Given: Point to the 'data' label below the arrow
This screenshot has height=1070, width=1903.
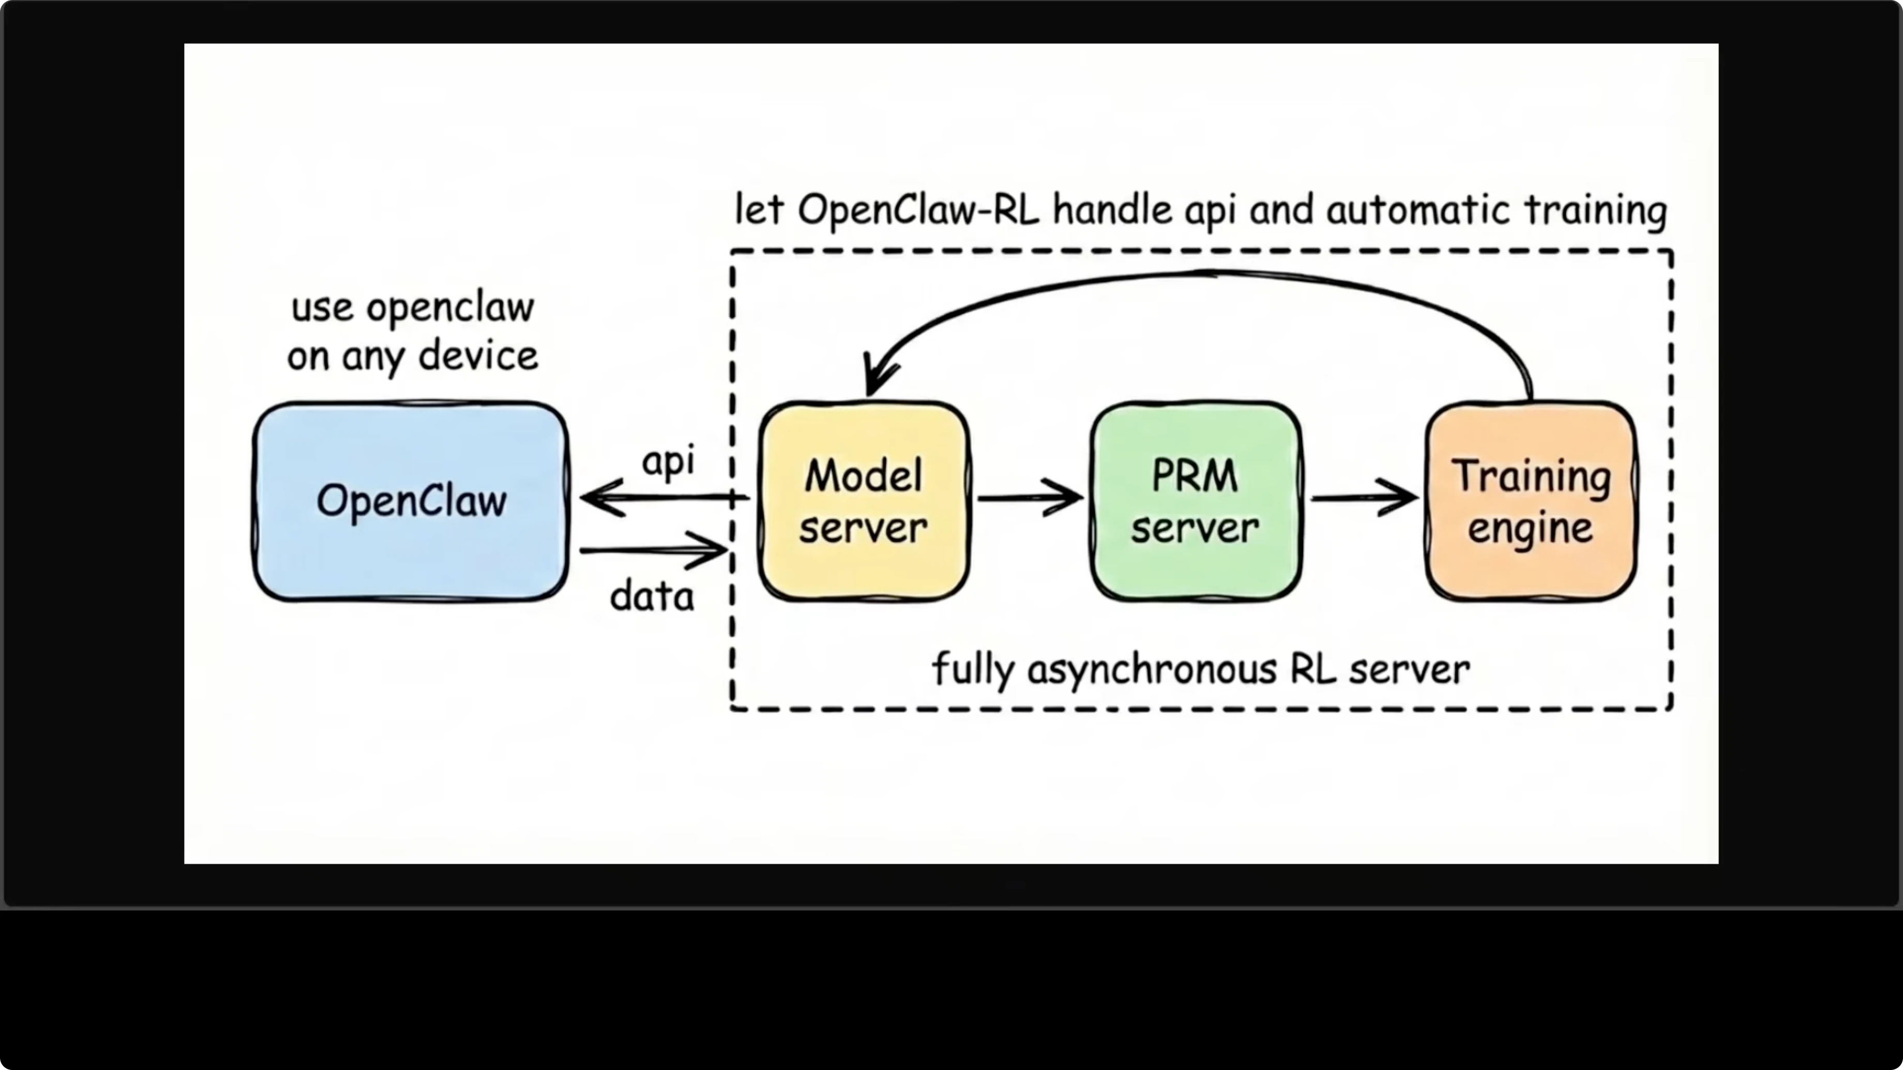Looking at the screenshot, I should click(x=652, y=597).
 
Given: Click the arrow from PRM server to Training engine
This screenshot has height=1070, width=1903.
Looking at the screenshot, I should click(x=1364, y=498).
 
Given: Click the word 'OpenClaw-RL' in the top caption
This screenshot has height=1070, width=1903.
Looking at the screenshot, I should click(x=917, y=210).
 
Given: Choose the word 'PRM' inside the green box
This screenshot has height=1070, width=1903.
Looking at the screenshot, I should click(x=1195, y=476).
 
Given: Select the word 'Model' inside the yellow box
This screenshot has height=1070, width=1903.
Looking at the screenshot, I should click(x=863, y=476).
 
